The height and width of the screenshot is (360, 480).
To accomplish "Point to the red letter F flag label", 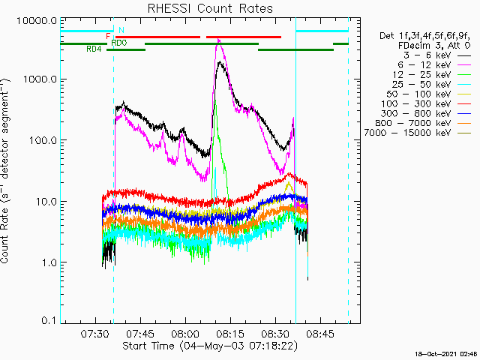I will (x=109, y=36).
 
